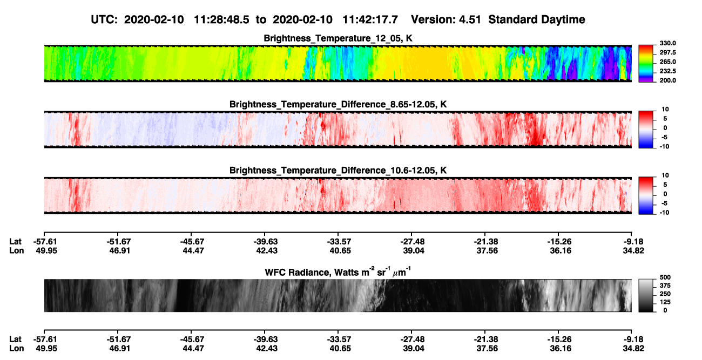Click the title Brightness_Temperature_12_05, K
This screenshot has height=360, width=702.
(x=338, y=38)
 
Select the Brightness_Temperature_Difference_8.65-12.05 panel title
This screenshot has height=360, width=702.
(x=338, y=104)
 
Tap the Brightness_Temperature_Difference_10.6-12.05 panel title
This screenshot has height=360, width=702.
(x=338, y=171)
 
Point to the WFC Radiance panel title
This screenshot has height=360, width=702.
(x=338, y=272)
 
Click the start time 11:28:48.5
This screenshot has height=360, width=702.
(x=221, y=20)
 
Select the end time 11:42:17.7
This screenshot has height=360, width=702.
(x=370, y=20)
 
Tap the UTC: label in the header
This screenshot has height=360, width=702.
(x=104, y=20)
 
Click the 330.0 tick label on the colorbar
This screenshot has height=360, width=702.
(x=667, y=43)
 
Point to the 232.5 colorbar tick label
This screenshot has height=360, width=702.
(x=667, y=71)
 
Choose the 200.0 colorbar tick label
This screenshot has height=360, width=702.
(x=667, y=80)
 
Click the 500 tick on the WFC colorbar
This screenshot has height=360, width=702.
(x=665, y=277)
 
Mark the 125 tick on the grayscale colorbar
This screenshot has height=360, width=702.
(x=665, y=302)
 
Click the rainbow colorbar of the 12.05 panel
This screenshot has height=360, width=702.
(x=646, y=64)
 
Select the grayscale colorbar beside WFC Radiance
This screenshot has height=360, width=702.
(x=646, y=295)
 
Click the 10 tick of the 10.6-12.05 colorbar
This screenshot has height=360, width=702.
(x=665, y=175)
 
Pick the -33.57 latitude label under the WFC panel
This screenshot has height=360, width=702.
(x=339, y=339)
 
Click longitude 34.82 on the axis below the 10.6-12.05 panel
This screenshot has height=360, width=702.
(x=633, y=250)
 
